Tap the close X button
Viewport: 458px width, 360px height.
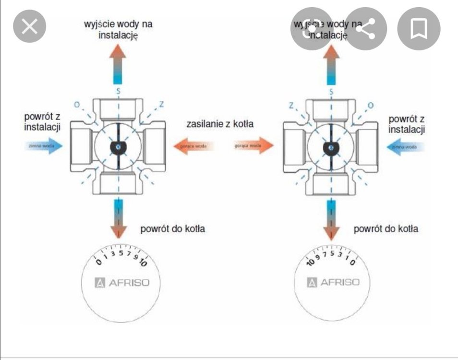(29, 27)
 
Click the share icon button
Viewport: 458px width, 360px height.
(366, 29)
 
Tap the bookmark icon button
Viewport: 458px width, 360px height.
(419, 29)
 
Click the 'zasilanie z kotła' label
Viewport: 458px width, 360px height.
(220, 124)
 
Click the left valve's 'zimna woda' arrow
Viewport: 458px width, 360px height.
(44, 145)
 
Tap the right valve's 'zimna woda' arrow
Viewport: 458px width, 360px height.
(406, 146)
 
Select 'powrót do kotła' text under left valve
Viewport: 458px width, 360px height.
(172, 228)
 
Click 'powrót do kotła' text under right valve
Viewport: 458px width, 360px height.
(386, 228)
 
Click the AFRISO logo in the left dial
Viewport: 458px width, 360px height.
(122, 282)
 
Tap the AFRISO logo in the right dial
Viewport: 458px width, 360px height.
(333, 282)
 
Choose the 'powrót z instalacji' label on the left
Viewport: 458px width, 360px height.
(42, 122)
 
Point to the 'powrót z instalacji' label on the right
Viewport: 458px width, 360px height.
(407, 124)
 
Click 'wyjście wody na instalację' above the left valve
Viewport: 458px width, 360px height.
(118, 29)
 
